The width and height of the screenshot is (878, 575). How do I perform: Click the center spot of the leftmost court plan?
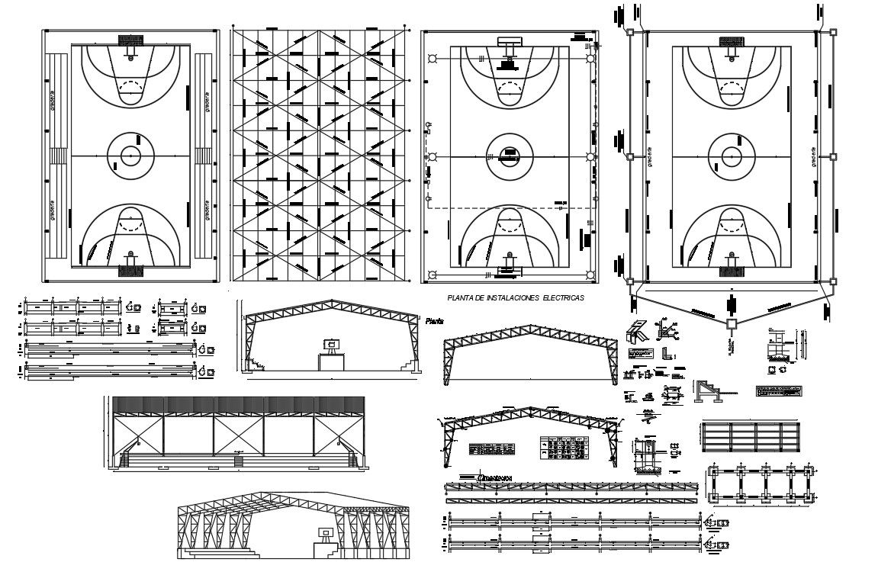click(x=130, y=156)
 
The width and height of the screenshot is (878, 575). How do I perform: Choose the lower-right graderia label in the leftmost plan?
click(x=207, y=210)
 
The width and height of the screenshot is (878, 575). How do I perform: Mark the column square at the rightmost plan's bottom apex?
click(x=731, y=324)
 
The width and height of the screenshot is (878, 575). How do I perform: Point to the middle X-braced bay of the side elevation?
click(x=239, y=433)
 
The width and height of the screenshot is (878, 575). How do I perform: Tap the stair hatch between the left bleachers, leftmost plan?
click(x=57, y=156)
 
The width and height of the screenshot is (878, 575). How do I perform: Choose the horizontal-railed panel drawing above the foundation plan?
click(x=749, y=436)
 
